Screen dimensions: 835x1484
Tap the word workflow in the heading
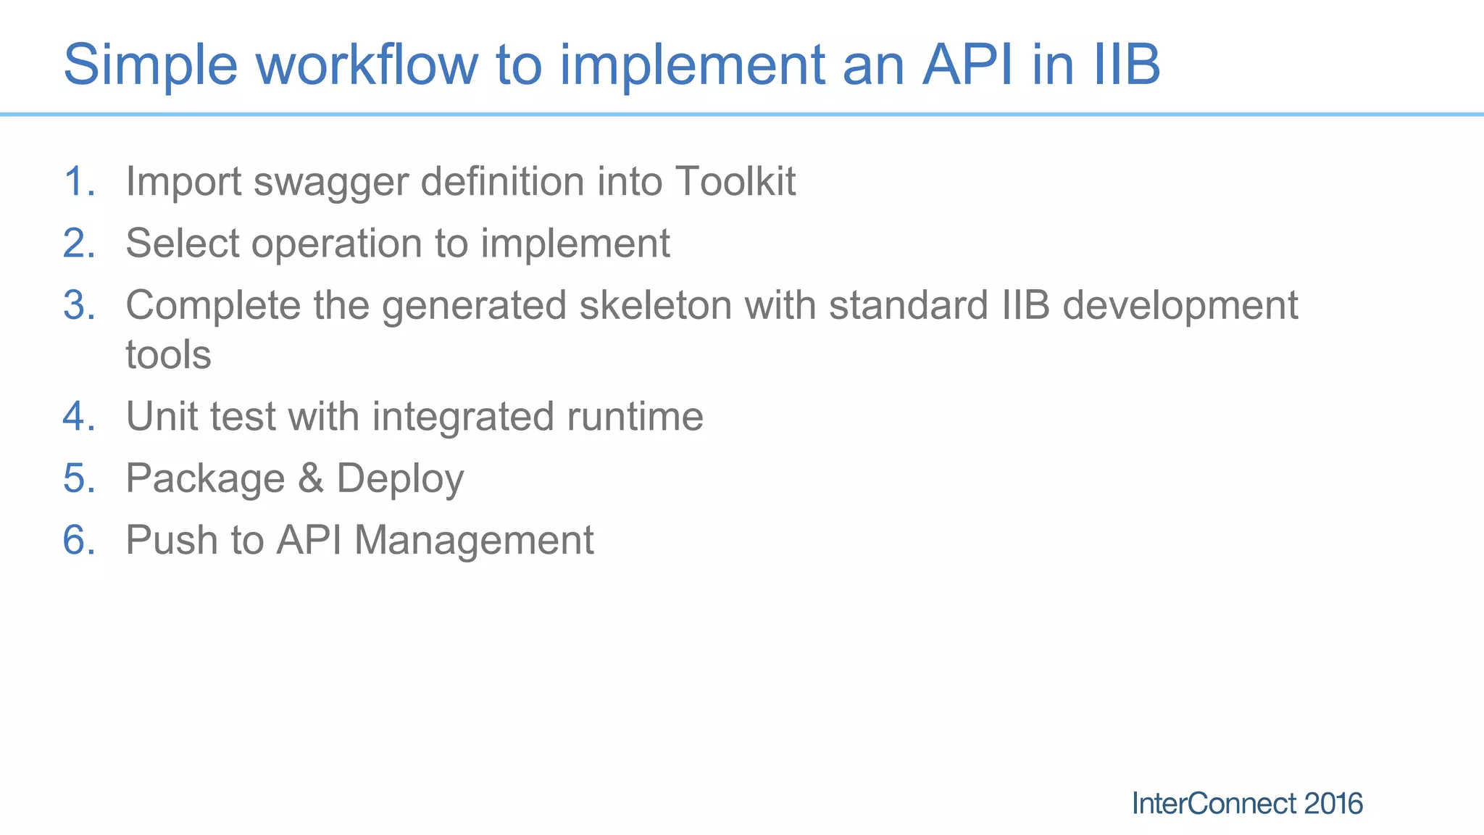(367, 65)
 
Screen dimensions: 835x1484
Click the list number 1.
(78, 181)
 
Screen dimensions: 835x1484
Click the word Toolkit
(735, 181)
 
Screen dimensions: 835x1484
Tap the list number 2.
(78, 244)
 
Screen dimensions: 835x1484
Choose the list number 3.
(78, 305)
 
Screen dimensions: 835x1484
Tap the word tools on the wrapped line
(168, 355)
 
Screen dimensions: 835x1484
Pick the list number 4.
(78, 417)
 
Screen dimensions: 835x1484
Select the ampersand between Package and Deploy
(310, 479)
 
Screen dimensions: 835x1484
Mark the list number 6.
(78, 541)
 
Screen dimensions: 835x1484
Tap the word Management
(474, 541)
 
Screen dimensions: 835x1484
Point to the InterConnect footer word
(1214, 804)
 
